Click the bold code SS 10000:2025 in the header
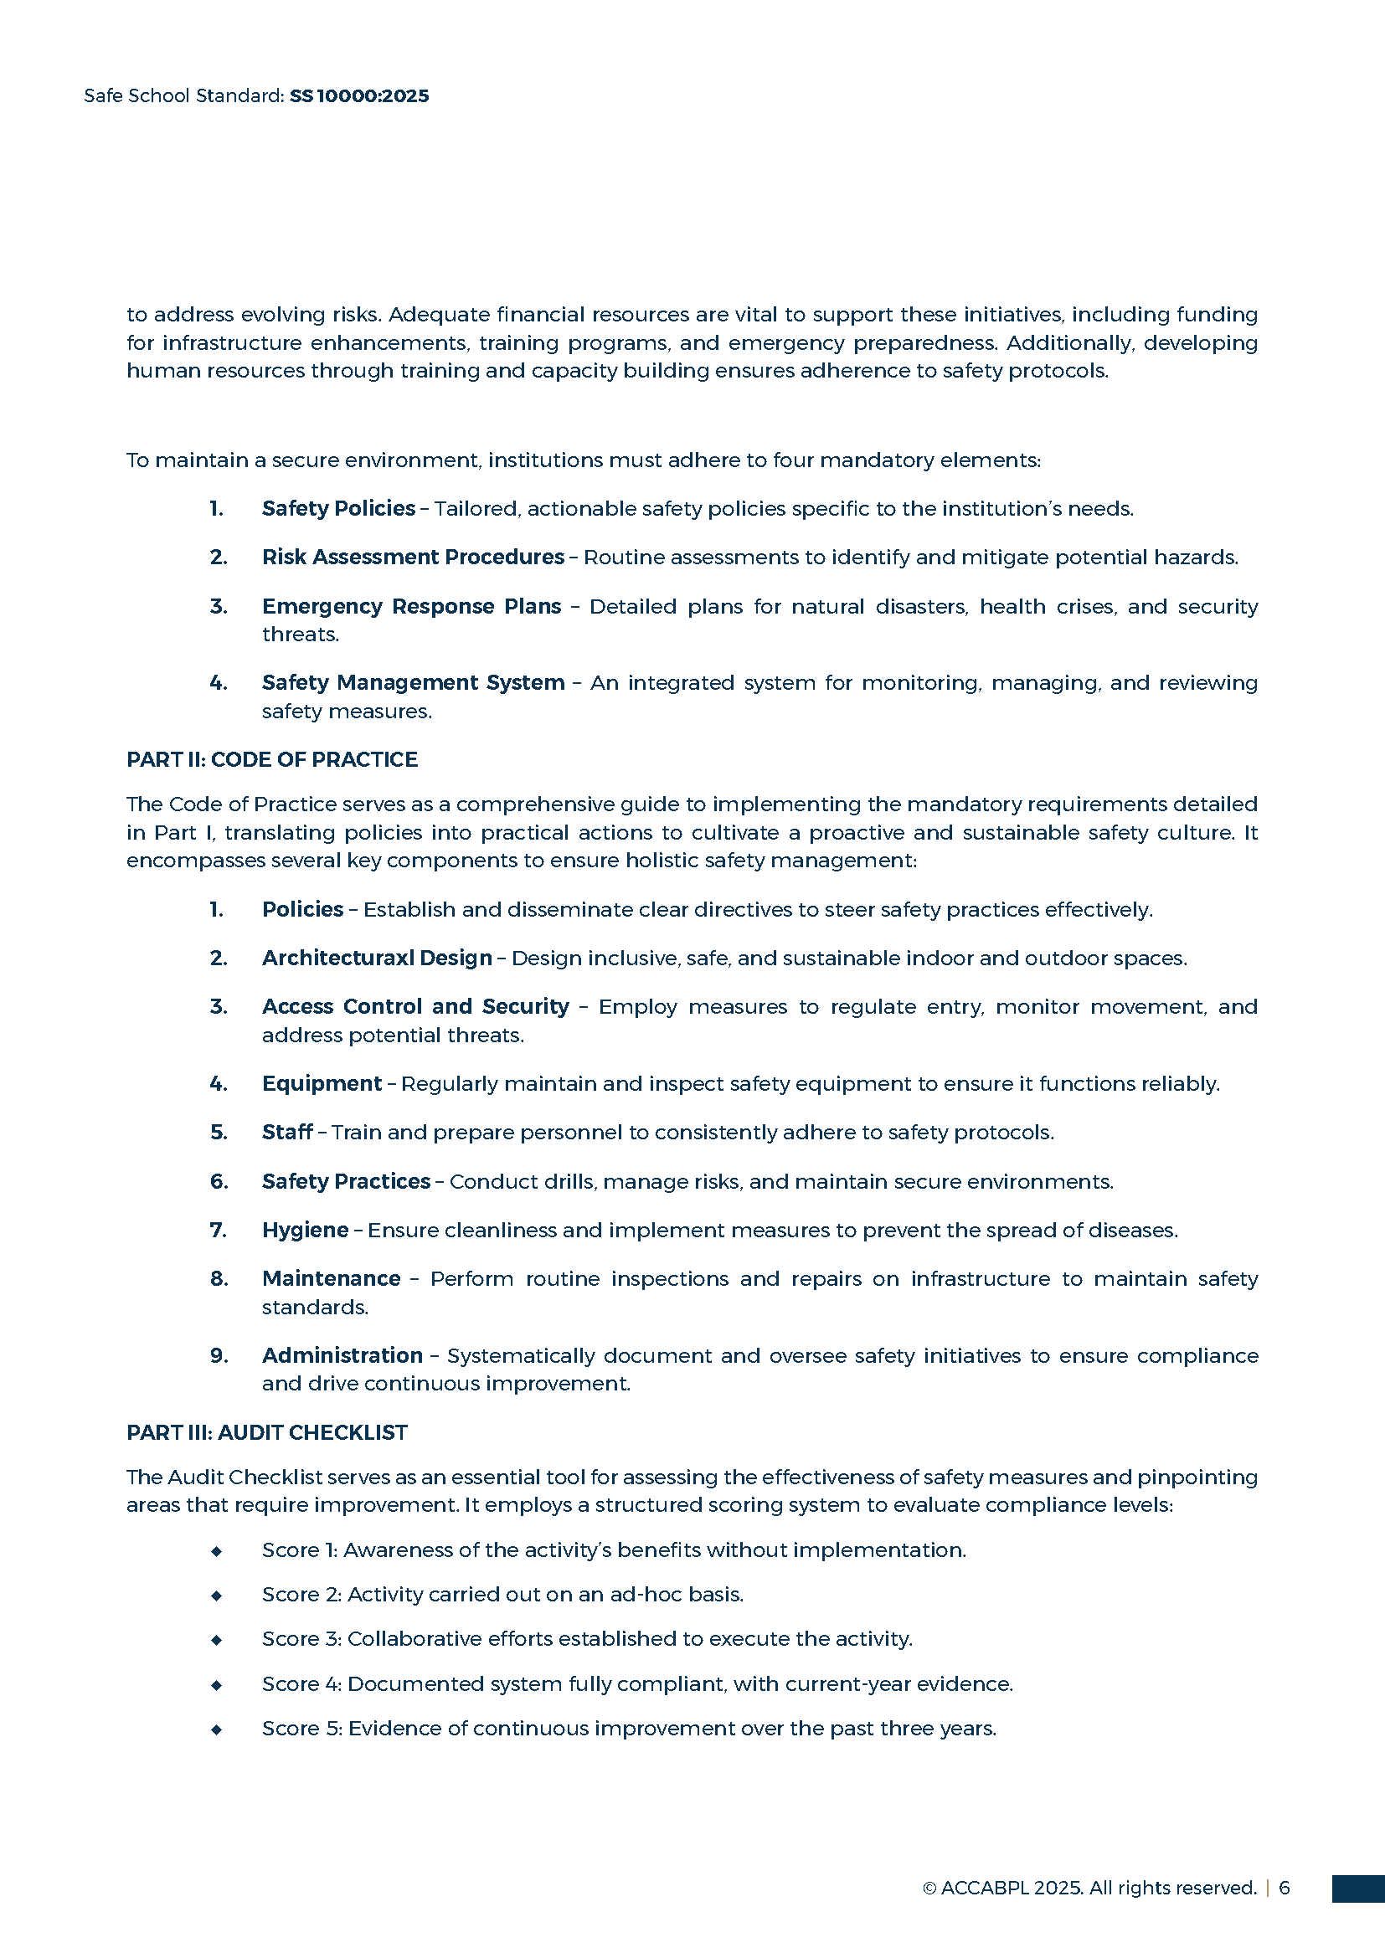pos(359,95)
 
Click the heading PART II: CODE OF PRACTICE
pos(272,759)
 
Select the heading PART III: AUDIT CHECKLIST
pos(267,1431)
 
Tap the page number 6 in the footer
pos(1285,1887)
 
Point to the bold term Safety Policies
pos(338,508)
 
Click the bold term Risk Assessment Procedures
pos(413,557)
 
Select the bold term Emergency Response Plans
pos(411,606)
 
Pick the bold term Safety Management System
pos(413,682)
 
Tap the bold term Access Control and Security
pos(415,1006)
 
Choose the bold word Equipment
pos(322,1083)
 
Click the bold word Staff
pos(287,1132)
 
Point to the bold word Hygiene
pos(306,1230)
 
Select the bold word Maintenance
pos(331,1278)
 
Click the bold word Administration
pos(342,1355)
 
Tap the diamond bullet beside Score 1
pos(217,1551)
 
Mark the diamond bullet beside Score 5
pos(217,1729)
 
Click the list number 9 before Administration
pos(219,1355)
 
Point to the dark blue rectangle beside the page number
pos(1357,1888)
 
